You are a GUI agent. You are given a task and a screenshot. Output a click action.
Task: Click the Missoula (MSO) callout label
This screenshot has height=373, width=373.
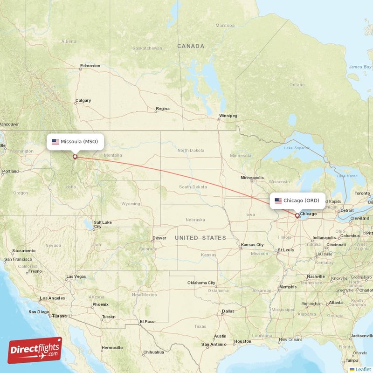[75, 141]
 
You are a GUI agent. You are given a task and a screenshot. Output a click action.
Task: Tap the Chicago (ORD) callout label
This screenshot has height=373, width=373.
[297, 200]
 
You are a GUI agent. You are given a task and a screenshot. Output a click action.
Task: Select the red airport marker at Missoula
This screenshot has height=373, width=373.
[75, 157]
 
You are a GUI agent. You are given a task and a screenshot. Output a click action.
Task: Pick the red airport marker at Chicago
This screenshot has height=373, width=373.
[297, 215]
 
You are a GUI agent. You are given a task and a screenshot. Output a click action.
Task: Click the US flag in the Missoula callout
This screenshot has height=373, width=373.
[55, 141]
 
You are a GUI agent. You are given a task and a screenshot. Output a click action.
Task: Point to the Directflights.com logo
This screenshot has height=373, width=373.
[35, 350]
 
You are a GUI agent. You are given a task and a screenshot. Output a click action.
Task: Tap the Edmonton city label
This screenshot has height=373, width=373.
[90, 66]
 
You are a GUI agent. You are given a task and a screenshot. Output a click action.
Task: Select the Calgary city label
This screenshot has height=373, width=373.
[83, 100]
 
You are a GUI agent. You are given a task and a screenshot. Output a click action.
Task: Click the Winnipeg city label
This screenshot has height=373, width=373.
[228, 115]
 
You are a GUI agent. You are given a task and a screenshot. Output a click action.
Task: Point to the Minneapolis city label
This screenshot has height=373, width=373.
[252, 178]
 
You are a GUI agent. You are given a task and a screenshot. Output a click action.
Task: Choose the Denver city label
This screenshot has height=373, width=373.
[159, 238]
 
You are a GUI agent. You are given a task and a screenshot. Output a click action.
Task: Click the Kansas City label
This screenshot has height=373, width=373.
[252, 245]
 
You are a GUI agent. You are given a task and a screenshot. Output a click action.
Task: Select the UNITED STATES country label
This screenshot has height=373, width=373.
[200, 238]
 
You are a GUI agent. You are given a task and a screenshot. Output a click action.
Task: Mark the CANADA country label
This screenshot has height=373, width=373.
[191, 46]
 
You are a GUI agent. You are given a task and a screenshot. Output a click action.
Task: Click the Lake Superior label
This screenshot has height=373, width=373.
[296, 148]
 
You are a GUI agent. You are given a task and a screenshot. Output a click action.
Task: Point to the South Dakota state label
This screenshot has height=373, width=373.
[193, 186]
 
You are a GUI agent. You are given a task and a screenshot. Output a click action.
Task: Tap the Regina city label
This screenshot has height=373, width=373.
[163, 109]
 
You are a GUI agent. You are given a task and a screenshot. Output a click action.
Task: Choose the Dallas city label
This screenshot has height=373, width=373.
[228, 311]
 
